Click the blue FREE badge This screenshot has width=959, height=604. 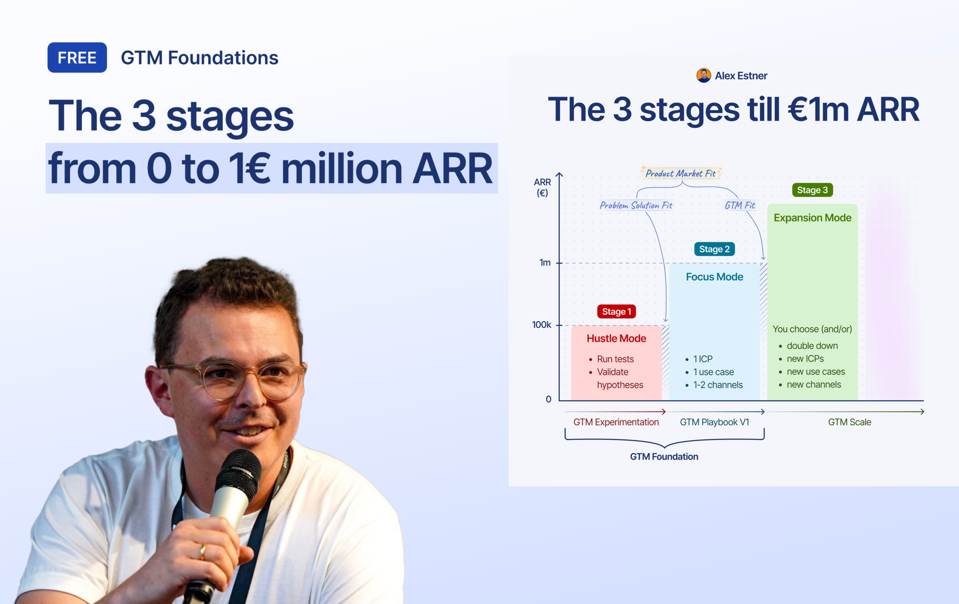77,57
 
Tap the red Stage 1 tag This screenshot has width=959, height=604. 616,311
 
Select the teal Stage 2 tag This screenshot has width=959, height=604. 714,249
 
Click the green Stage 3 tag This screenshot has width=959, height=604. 812,190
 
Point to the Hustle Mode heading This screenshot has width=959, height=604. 616,338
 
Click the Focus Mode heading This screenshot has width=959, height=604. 714,277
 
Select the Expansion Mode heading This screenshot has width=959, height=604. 812,218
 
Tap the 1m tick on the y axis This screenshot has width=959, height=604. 545,263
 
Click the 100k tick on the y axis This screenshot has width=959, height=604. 541,325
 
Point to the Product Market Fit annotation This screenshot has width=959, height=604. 680,173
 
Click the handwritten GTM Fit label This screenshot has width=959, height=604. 740,205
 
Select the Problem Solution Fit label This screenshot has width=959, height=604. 636,205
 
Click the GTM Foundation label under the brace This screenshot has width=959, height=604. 664,457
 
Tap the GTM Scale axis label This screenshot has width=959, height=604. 849,422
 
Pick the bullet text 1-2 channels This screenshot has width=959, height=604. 718,385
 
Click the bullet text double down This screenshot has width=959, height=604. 812,346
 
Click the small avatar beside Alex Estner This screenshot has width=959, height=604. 703,75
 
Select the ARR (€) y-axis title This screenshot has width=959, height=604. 542,187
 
